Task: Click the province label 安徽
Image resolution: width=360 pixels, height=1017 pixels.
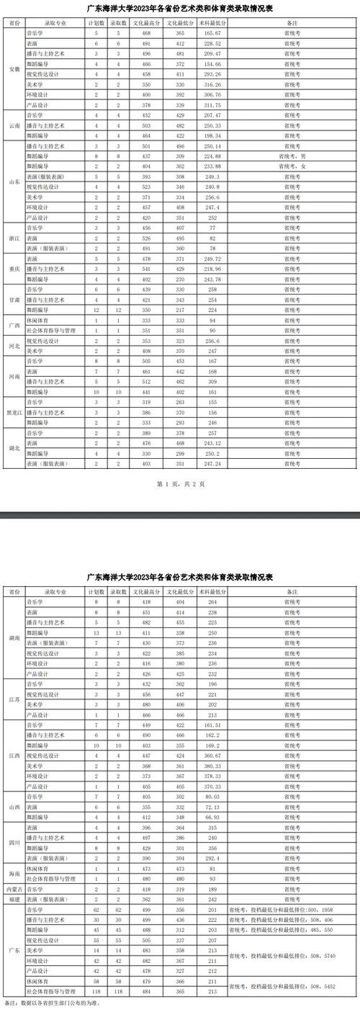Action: click(x=14, y=69)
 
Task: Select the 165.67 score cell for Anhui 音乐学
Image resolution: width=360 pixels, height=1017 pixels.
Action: click(x=212, y=34)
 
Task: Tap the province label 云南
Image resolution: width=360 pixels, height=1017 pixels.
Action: click(x=14, y=125)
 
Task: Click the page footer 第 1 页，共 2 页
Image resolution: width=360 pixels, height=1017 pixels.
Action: click(x=180, y=484)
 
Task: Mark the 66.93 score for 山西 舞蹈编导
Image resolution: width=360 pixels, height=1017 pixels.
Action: click(x=212, y=817)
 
